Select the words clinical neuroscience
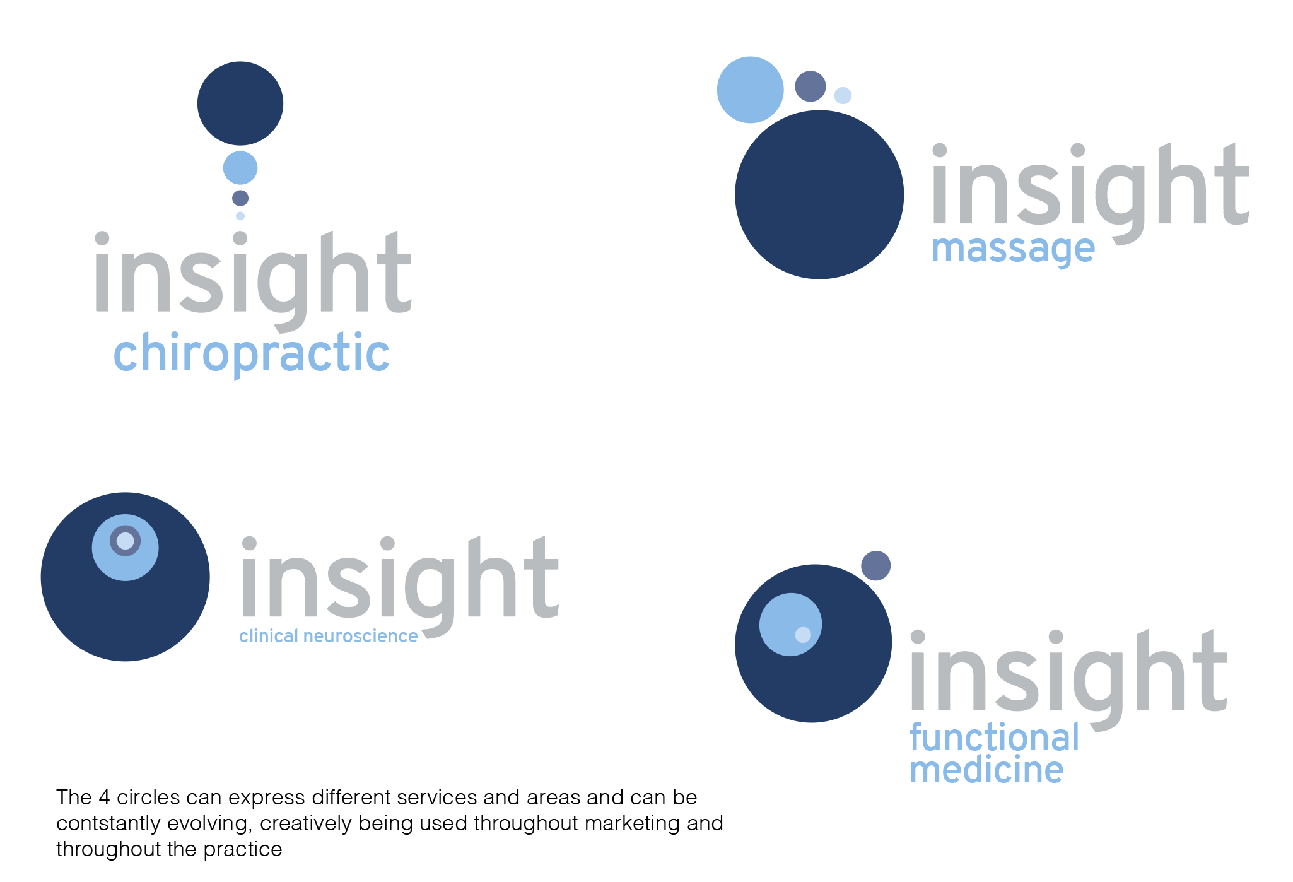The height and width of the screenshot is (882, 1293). coord(328,636)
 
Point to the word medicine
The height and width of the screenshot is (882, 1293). coord(986,770)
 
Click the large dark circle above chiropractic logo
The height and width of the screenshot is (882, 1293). coord(240,103)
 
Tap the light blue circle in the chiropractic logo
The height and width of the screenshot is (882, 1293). coord(240,168)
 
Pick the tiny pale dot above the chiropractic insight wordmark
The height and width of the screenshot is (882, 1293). coord(240,216)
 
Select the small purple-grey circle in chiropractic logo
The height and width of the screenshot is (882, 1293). coord(240,198)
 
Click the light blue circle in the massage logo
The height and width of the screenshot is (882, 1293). coord(750,90)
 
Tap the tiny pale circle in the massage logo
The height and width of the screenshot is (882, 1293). coord(843,95)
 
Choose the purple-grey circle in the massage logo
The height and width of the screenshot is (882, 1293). coord(810,86)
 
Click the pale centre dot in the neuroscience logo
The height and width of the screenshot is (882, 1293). coord(126,541)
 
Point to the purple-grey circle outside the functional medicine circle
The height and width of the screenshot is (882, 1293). coord(876,565)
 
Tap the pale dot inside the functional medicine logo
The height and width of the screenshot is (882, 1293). coord(803,635)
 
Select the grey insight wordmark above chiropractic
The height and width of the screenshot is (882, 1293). coord(253,281)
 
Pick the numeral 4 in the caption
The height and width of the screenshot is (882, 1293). coord(105,797)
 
